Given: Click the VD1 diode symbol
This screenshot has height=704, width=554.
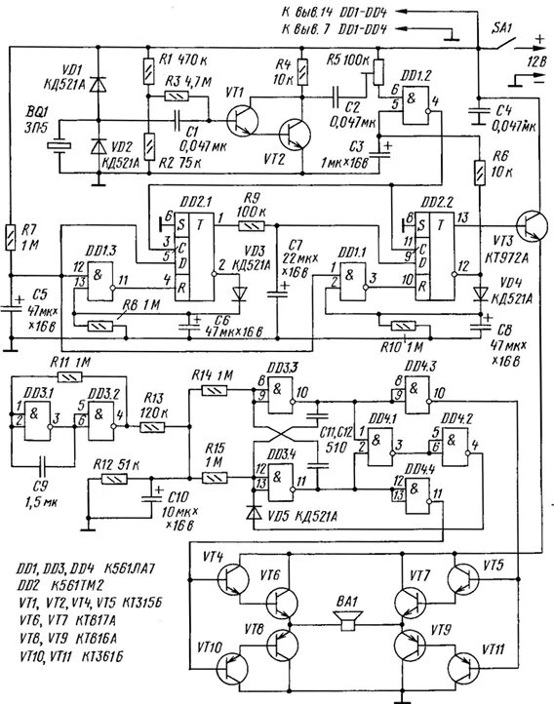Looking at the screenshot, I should [96, 87].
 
